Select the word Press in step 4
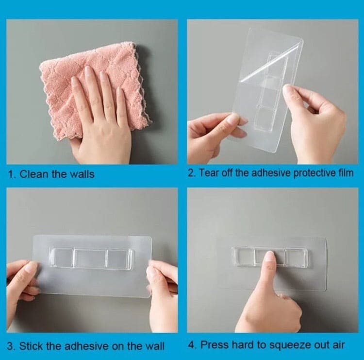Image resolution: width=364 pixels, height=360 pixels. [212, 345]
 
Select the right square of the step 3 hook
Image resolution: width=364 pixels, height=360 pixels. [119, 259]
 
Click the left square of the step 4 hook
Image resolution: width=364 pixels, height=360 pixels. [243, 257]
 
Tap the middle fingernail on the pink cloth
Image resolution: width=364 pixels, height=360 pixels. [103, 77]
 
